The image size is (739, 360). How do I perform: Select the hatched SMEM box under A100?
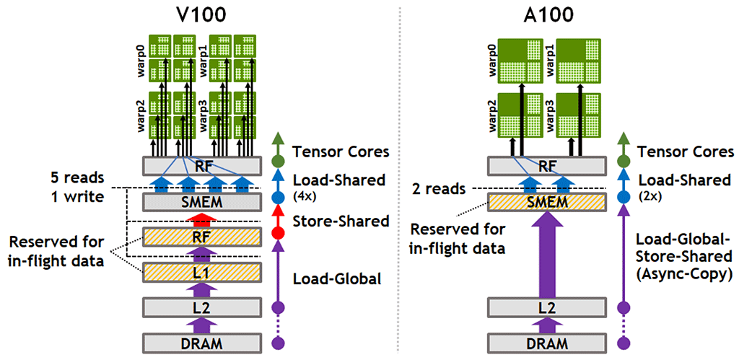[x=548, y=201]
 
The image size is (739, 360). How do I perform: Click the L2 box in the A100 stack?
[x=548, y=307]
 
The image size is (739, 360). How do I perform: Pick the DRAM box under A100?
[x=548, y=343]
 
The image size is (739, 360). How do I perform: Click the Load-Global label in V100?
[x=337, y=278]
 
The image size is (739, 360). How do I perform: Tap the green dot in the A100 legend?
[x=625, y=162]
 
